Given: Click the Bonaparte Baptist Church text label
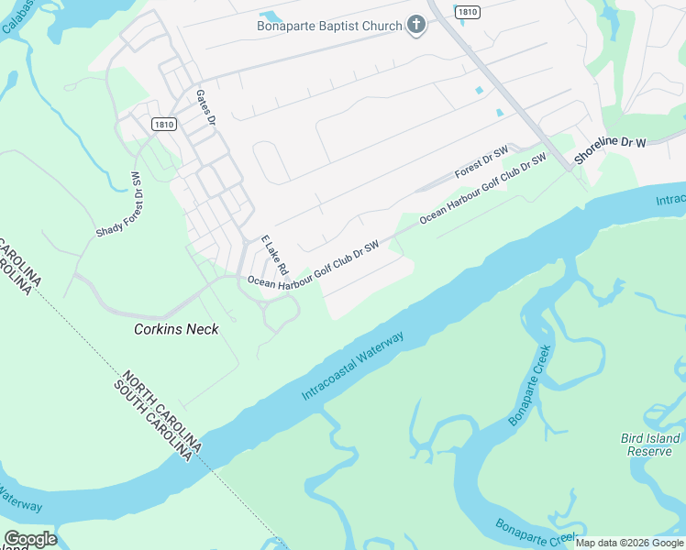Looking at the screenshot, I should point(329,26).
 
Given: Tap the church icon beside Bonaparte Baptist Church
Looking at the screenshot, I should point(416,25).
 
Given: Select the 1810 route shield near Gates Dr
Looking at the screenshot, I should point(164,125).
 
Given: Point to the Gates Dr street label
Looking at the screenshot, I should point(205,107).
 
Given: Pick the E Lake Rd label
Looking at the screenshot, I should point(274,256).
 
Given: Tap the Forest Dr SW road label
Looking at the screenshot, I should point(481,162).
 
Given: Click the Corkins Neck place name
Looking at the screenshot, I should point(176,329).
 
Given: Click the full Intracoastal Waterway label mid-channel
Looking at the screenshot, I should point(353,366).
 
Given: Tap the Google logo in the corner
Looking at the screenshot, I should point(29,538).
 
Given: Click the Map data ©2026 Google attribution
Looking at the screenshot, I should point(630,543).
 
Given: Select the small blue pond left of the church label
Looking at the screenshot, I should point(271,16).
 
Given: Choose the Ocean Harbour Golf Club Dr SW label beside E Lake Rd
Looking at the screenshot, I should point(313,263).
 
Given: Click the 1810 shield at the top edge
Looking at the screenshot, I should point(467,9).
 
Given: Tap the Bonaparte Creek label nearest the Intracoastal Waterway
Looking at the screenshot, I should point(531,385).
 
